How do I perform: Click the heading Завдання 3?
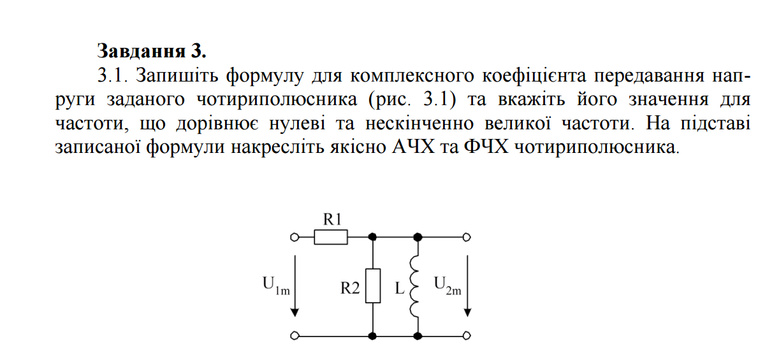tap(152, 50)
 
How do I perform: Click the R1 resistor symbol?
tap(331, 238)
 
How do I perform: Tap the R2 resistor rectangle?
tap(373, 285)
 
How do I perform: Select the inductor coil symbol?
tap(417, 285)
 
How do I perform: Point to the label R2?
tap(350, 289)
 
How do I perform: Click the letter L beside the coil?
tap(400, 289)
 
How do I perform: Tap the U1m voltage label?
tap(276, 285)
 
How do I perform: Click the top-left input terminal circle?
tap(295, 238)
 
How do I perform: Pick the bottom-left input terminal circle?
tap(295, 335)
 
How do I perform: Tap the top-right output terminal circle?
tap(467, 238)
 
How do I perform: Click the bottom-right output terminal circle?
tap(467, 335)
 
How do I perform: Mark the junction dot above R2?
tap(373, 238)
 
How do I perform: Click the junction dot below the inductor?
tap(418, 335)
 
